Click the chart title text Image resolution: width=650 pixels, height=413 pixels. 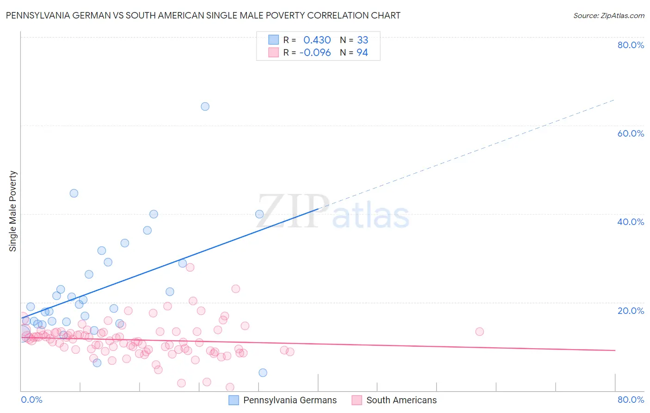(x=203, y=15)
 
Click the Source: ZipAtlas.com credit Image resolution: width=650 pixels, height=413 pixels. (x=608, y=15)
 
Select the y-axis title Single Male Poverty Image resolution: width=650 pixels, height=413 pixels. (x=13, y=211)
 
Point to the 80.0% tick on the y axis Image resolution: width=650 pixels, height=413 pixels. (x=631, y=45)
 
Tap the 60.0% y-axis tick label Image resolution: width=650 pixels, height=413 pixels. (x=631, y=133)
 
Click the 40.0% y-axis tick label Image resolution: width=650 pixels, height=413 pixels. (x=631, y=222)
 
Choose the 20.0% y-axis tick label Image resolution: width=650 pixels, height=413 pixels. (x=631, y=310)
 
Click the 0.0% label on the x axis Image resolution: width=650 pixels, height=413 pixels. (x=31, y=400)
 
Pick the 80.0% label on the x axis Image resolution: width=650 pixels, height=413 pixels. (x=631, y=400)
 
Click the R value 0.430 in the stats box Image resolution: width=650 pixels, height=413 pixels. (x=317, y=40)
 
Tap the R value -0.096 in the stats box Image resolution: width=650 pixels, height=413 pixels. (x=315, y=53)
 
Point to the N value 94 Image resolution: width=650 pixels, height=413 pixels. (x=362, y=53)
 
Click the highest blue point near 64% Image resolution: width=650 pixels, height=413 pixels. (x=205, y=106)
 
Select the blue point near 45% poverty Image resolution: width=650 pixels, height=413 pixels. (x=74, y=194)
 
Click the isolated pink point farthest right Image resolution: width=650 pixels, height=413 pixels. (x=479, y=332)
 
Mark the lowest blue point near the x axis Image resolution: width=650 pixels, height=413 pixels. (x=263, y=373)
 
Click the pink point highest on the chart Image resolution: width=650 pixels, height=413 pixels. (x=190, y=267)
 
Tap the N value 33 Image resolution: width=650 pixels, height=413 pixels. (x=362, y=40)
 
